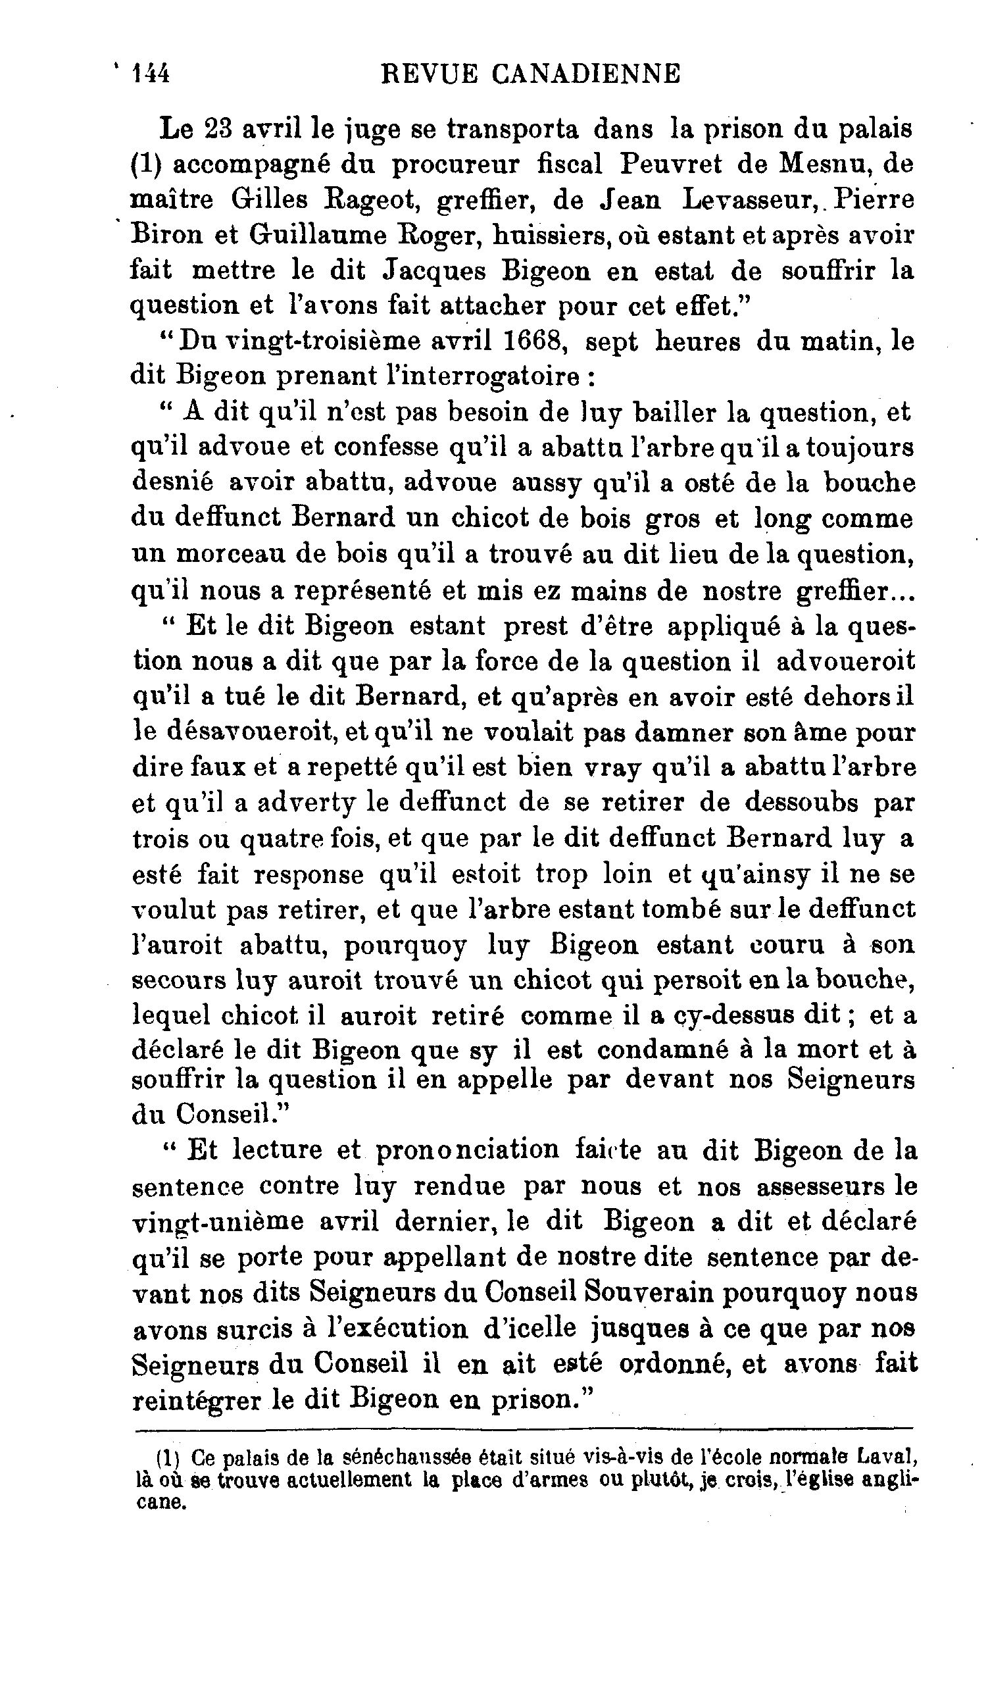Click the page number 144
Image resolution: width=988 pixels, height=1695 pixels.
point(151,73)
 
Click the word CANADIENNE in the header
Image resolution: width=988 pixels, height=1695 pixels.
point(586,73)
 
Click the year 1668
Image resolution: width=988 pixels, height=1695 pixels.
point(532,342)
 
